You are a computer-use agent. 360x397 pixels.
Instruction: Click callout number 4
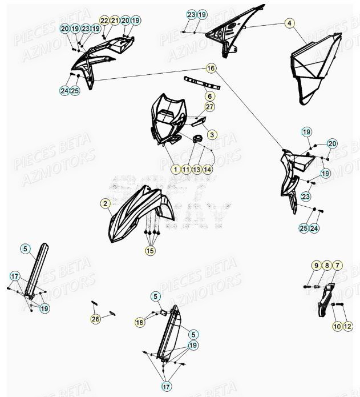point(289,23)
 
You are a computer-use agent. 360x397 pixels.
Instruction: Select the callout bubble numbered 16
point(211,69)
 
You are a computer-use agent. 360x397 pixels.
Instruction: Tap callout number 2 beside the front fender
point(106,203)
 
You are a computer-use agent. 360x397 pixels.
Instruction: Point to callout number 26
point(95,319)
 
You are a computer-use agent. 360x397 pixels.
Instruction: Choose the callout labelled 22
point(103,20)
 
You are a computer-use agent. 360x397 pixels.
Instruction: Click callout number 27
point(209,107)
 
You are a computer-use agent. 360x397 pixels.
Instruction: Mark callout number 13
point(196,170)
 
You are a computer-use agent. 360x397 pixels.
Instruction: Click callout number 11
point(186,170)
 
